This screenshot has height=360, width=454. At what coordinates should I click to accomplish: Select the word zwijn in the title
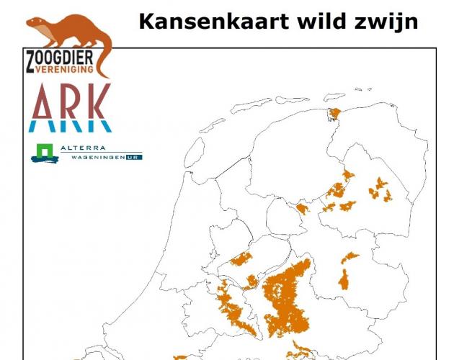coord(385,21)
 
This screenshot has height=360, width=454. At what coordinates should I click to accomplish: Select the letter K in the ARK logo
coord(99,102)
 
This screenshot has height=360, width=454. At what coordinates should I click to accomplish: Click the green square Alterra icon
coord(41,153)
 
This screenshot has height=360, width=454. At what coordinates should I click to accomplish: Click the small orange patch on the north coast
coord(334,114)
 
